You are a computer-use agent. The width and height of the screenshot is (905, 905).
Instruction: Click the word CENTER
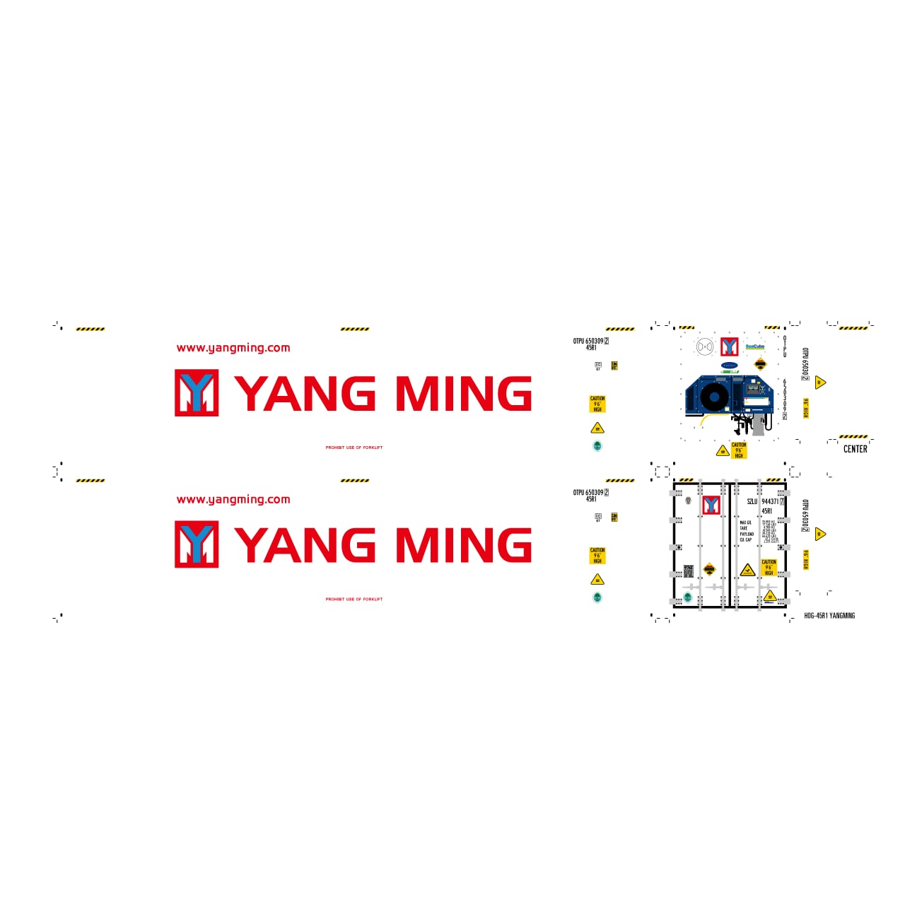[x=855, y=449]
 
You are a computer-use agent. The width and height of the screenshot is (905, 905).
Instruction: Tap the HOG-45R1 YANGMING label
[x=829, y=616]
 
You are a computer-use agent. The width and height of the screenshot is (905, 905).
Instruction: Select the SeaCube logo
[x=754, y=346]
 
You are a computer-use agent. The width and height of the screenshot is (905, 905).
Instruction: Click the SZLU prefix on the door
[x=752, y=501]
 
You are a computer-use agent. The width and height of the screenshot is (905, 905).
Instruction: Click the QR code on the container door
[x=688, y=571]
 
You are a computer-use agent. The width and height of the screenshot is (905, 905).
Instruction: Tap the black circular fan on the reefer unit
[x=714, y=397]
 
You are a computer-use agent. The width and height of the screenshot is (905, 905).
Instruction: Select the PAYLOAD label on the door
[x=747, y=534]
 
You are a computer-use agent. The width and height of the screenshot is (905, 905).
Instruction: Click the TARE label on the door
[x=743, y=528]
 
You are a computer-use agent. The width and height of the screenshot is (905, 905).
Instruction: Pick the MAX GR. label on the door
[x=746, y=522]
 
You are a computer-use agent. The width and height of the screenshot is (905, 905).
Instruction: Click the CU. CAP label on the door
[x=746, y=539]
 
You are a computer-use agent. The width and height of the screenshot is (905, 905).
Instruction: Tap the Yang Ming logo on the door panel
[x=711, y=505]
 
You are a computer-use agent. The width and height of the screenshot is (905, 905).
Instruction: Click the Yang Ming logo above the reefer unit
[x=729, y=346]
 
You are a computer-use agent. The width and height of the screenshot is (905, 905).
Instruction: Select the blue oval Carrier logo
[x=729, y=366]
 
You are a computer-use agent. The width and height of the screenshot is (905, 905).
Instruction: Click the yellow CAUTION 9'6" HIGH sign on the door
[x=769, y=567]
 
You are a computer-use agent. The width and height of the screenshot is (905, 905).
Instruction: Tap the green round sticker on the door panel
[x=687, y=597]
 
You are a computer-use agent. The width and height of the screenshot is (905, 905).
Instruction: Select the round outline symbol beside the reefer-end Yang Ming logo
[x=704, y=346]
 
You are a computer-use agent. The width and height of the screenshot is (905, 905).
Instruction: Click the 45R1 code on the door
[x=766, y=510]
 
